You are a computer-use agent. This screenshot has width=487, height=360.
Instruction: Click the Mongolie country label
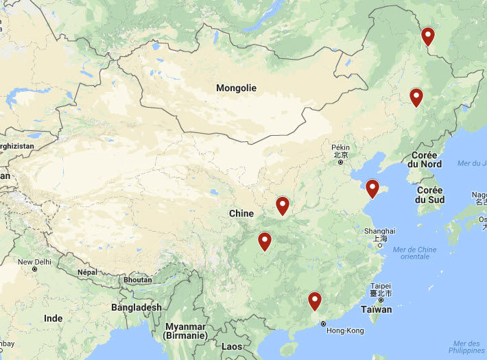coord(236,88)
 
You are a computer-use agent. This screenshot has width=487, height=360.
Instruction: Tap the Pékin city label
coord(340,147)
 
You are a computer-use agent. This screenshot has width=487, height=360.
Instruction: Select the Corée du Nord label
coord(426,160)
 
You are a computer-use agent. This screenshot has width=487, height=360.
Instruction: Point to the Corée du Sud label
coord(430,195)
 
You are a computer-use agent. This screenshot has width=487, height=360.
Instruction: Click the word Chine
coord(241,213)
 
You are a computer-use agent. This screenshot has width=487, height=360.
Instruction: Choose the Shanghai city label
coord(380,231)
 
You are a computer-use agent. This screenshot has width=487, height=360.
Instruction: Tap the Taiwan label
coord(377,309)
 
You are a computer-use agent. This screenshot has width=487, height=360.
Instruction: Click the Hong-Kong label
coord(345,331)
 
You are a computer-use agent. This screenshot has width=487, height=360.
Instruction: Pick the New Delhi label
coord(34,262)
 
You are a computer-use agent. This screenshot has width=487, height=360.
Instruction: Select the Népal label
coord(87,272)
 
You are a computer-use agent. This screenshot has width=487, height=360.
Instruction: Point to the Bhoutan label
coord(138,280)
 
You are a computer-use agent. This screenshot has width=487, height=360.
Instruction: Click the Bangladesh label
coord(136,307)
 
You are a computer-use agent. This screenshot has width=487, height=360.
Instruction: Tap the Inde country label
coord(53,318)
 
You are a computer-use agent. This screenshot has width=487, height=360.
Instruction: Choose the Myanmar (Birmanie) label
coord(187,331)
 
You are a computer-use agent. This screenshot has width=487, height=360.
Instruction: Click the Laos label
coord(232,346)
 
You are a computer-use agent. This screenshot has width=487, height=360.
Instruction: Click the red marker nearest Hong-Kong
coord(315,300)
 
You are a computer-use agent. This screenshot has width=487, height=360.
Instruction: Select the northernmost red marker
coord(429,36)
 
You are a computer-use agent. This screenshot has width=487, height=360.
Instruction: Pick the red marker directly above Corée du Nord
coord(416,97)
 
